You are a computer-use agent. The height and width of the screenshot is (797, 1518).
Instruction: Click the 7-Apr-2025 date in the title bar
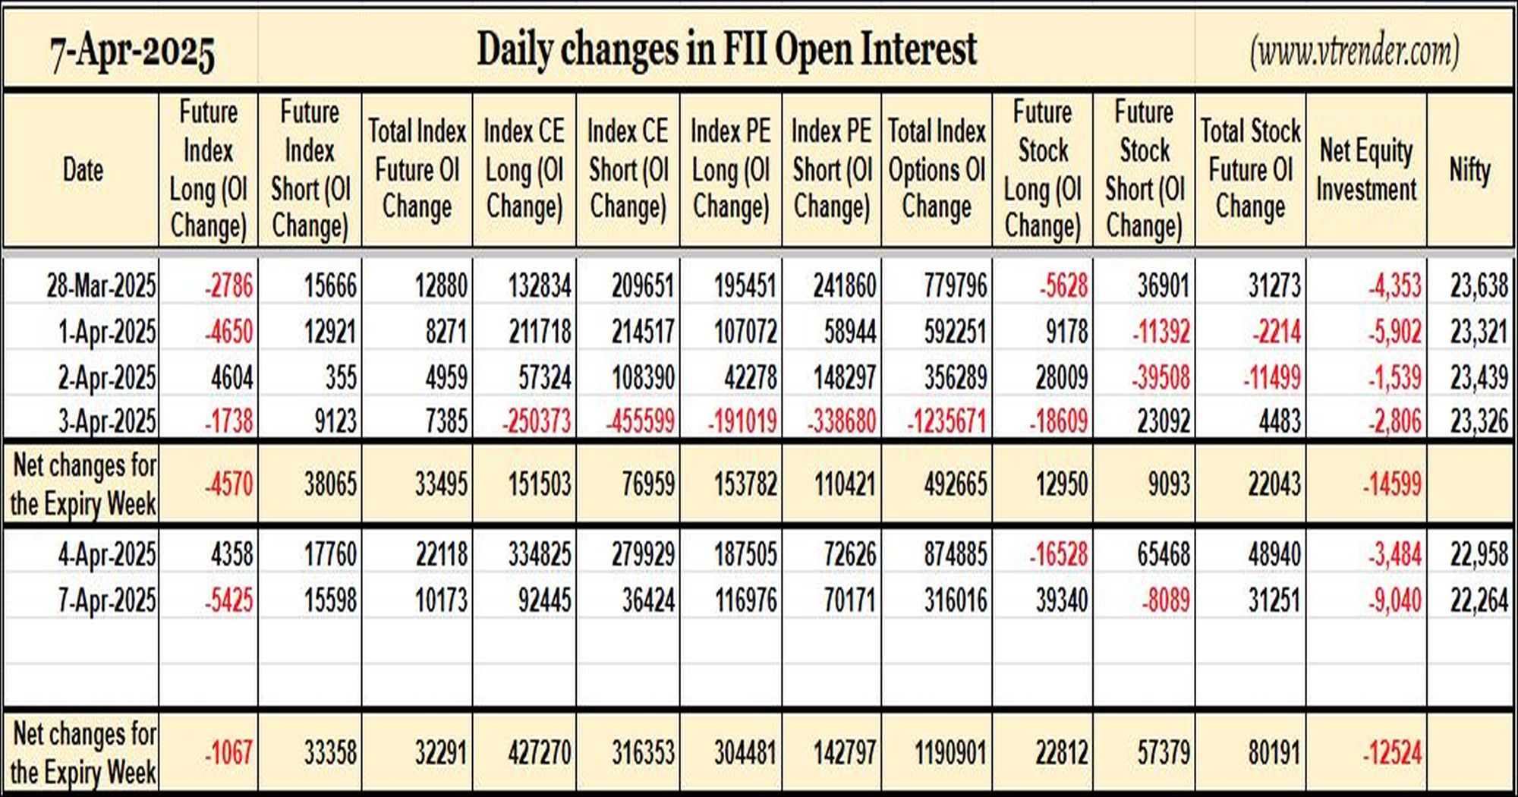click(x=132, y=52)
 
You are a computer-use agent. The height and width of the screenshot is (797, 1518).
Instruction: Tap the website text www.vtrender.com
click(x=1355, y=52)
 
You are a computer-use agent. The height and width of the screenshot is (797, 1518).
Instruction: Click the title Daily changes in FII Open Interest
click(x=726, y=50)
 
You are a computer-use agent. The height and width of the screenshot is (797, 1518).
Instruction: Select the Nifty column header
click(x=1470, y=169)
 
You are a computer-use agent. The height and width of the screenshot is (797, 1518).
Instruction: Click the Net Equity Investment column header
click(x=1366, y=170)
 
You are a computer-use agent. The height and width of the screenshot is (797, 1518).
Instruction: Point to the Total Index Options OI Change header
click(x=937, y=169)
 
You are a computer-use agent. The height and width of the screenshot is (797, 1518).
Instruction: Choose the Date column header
click(x=83, y=169)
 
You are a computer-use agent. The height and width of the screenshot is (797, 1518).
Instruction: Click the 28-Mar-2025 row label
click(x=101, y=286)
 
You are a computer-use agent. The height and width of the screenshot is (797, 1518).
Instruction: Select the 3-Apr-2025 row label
click(x=107, y=421)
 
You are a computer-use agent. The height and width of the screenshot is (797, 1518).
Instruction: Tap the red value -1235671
click(x=946, y=421)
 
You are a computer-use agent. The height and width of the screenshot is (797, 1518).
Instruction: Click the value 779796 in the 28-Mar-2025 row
click(x=956, y=286)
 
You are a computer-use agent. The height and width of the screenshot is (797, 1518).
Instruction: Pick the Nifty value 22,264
click(x=1479, y=600)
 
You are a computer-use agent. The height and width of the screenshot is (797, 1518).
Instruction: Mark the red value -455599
click(x=640, y=421)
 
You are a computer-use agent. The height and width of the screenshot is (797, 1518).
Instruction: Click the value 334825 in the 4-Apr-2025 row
click(x=540, y=554)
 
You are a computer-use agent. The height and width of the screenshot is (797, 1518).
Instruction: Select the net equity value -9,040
click(x=1395, y=600)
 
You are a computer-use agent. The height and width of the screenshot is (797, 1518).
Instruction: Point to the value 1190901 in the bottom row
click(x=951, y=753)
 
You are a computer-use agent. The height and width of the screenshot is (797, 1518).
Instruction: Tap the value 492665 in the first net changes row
click(x=956, y=484)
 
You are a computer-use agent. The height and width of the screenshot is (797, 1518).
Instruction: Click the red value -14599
click(x=1392, y=484)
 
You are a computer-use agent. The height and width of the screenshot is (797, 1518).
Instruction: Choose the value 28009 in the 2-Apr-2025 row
click(x=1062, y=377)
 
